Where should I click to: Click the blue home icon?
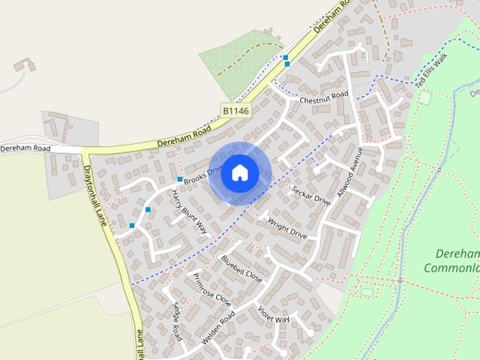239,172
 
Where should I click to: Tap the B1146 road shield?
235,111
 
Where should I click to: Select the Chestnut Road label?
324,97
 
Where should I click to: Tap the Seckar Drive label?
311,196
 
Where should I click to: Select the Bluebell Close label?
241,268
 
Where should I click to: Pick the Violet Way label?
273,316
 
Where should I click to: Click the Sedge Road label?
176,322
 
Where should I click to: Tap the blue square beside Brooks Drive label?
180,180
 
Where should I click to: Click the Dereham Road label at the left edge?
25,148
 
